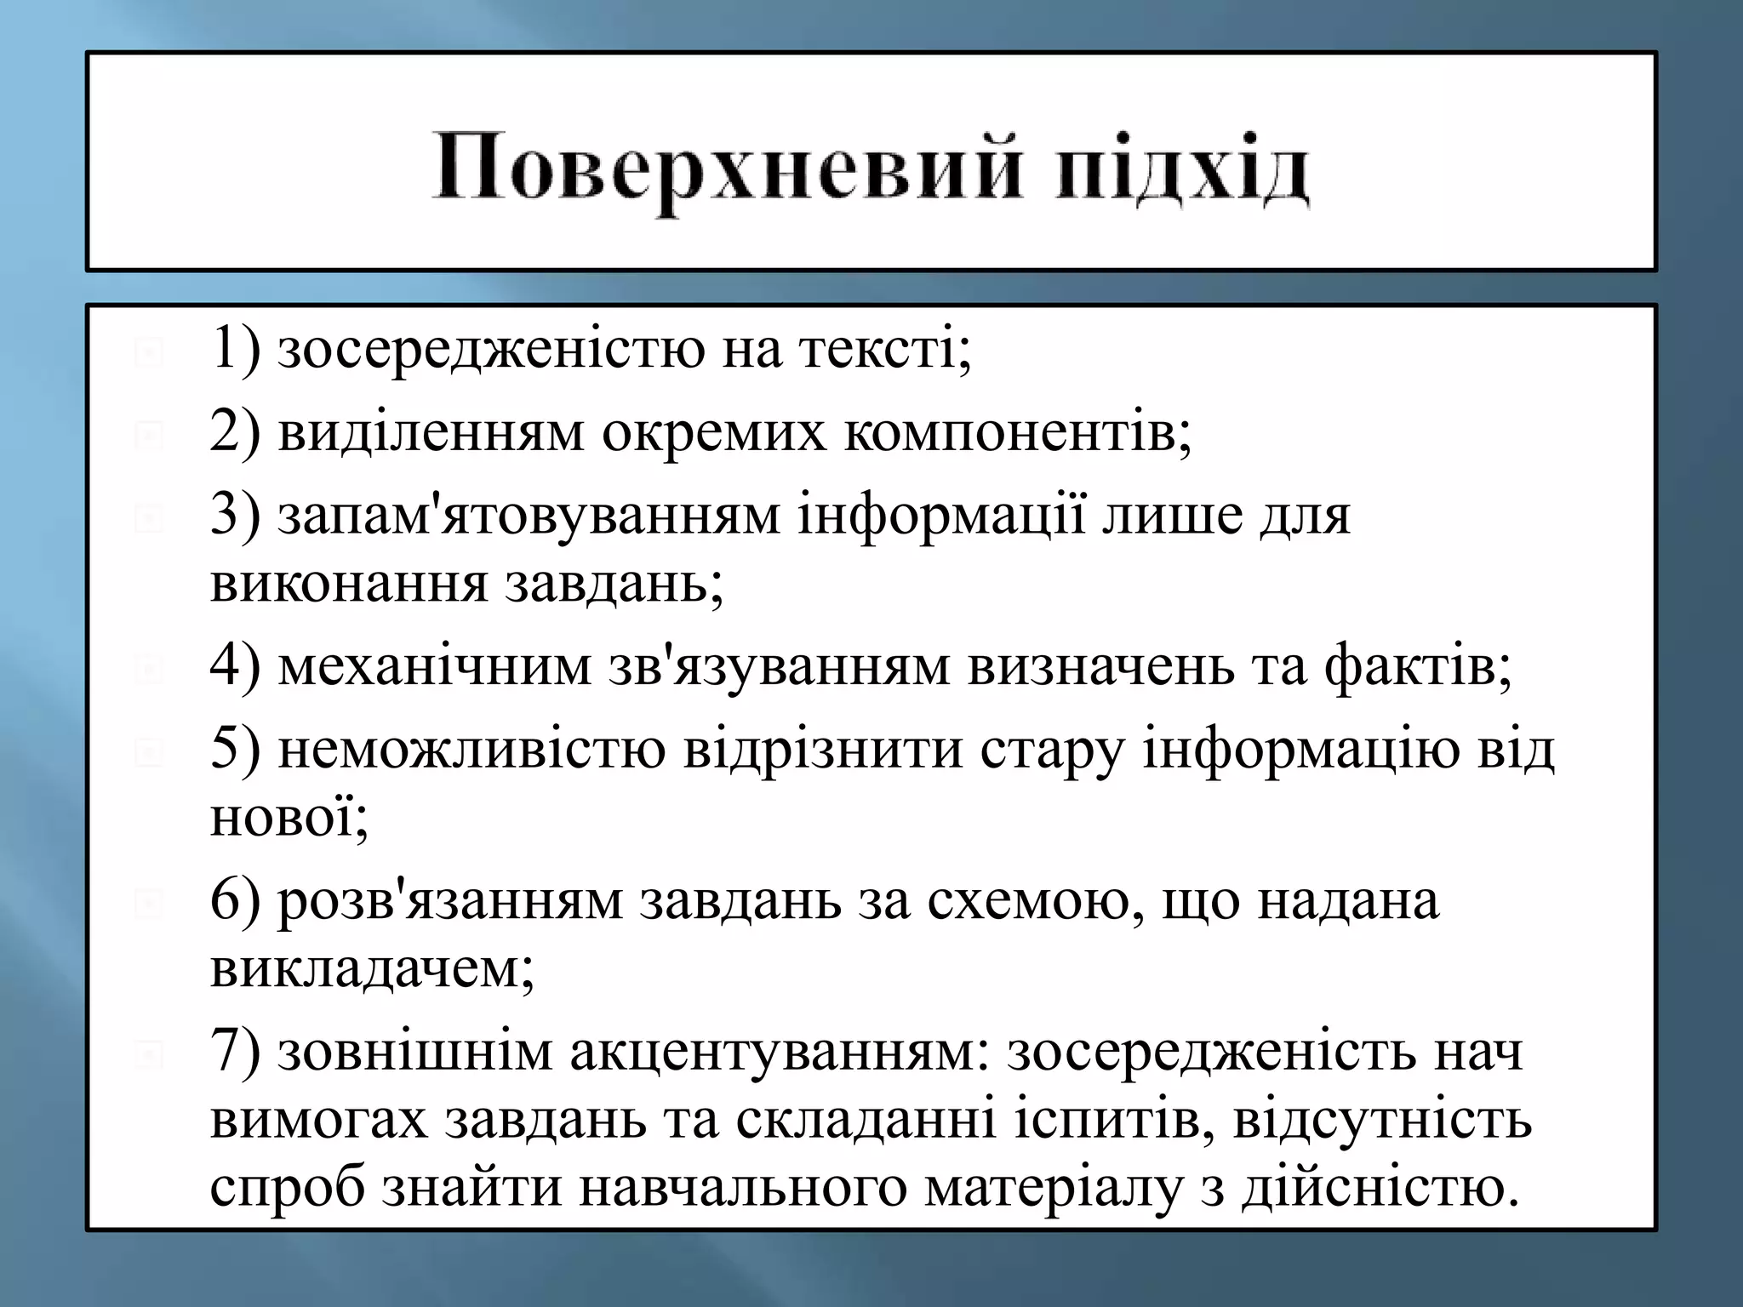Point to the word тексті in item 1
click(x=885, y=349)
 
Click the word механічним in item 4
click(x=434, y=665)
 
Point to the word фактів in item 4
click(x=1417, y=665)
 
